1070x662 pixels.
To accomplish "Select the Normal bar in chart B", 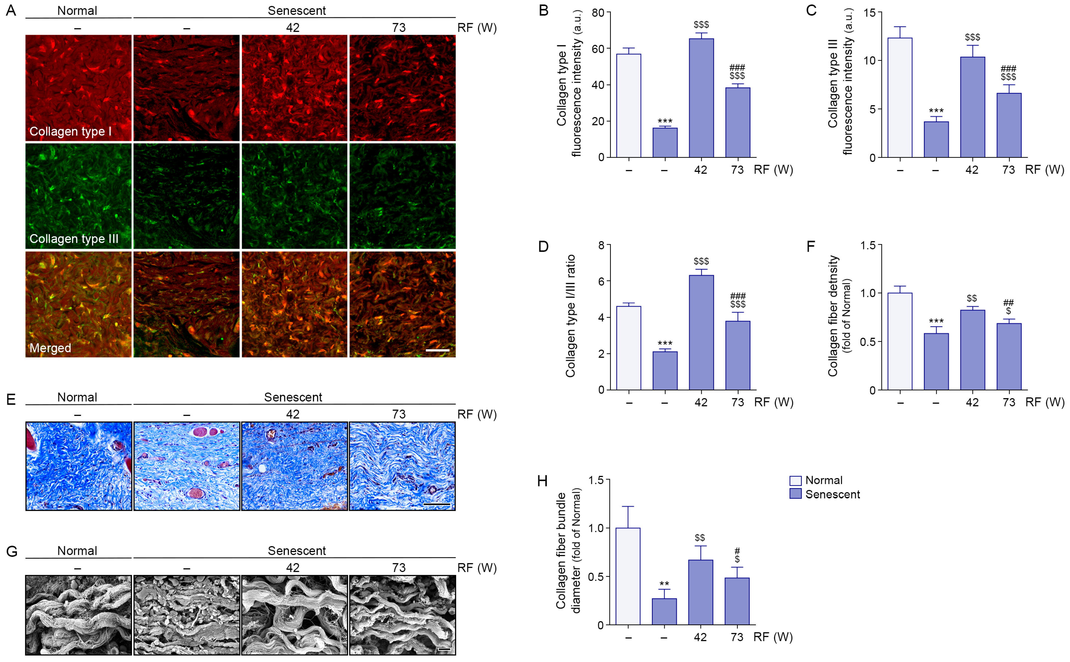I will (628, 105).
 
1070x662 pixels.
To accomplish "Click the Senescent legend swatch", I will (795, 494).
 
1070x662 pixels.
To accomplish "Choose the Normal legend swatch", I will (795, 480).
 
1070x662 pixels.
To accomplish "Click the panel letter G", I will (11, 551).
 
